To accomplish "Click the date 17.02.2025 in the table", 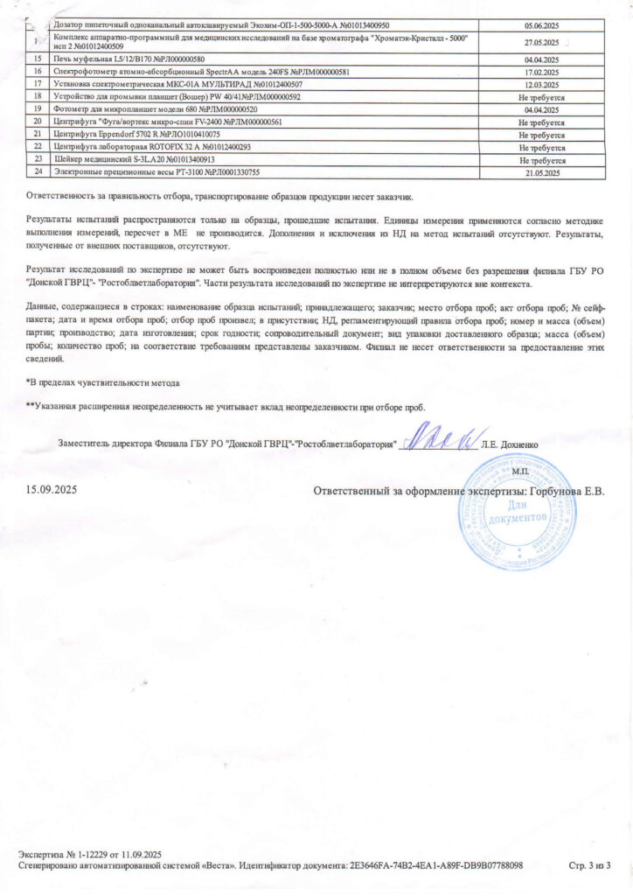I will pyautogui.click(x=546, y=71).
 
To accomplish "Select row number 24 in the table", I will pyautogui.click(x=38, y=172).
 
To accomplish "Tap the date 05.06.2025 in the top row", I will pyautogui.click(x=546, y=25).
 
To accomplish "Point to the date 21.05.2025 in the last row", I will pyautogui.click(x=546, y=173).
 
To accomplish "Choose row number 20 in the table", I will pyautogui.click(x=38, y=122).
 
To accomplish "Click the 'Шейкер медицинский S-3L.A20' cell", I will pyautogui.click(x=134, y=160).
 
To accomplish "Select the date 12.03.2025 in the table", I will pyautogui.click(x=546, y=83).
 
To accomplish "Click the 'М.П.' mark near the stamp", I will pyautogui.click(x=522, y=471).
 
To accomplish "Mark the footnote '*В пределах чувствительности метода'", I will pyautogui.click(x=102, y=383).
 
